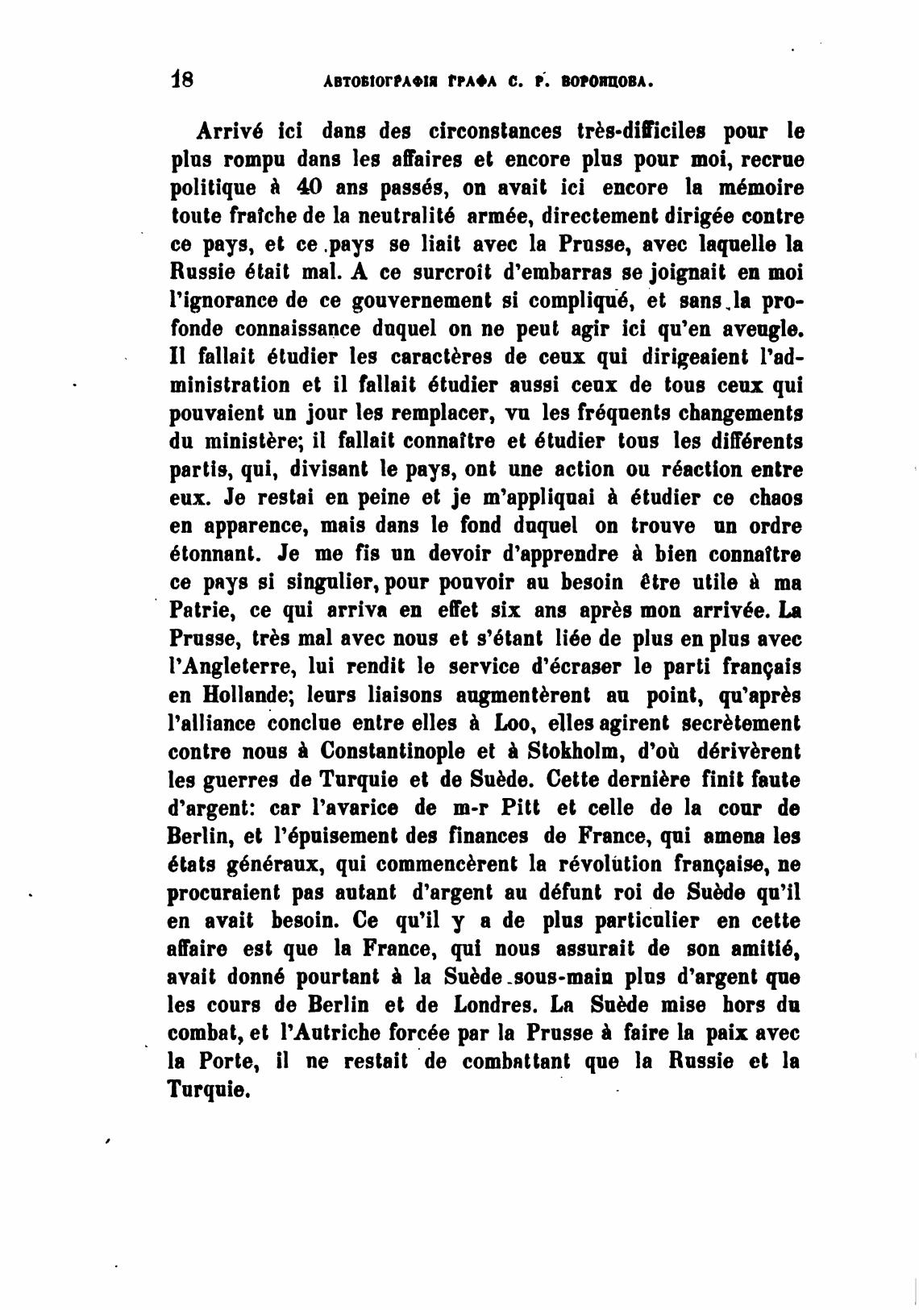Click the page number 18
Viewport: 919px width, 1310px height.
pyautogui.click(x=182, y=80)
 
